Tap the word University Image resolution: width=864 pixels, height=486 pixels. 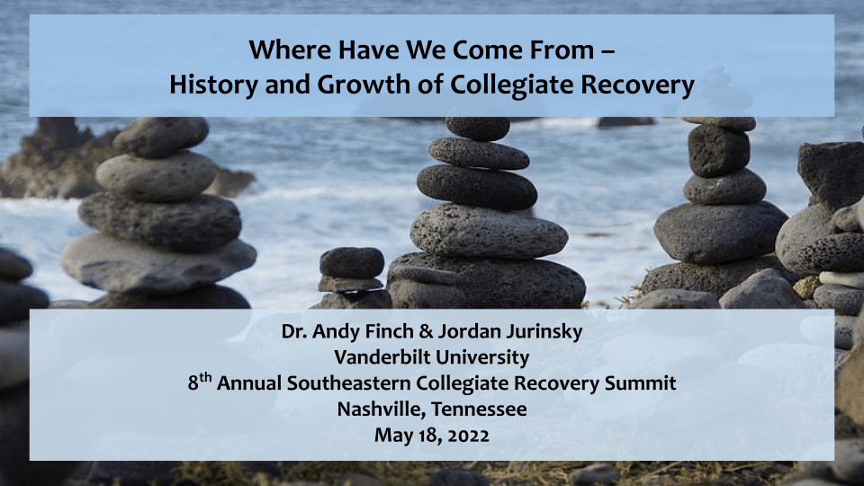coord(490,357)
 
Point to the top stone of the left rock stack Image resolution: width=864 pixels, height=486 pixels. coord(162,137)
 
